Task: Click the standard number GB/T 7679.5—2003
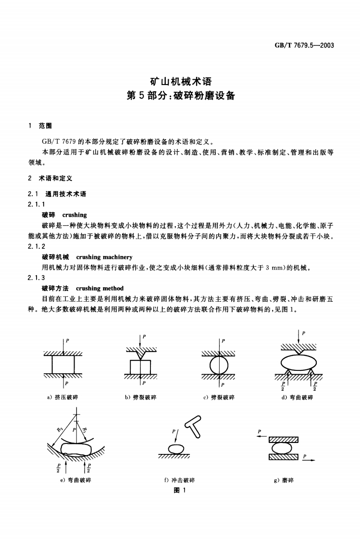click(x=304, y=46)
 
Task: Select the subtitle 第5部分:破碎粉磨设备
click(x=180, y=95)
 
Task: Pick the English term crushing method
click(x=99, y=288)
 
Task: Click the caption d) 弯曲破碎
click(x=298, y=398)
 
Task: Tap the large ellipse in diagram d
click(x=298, y=362)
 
